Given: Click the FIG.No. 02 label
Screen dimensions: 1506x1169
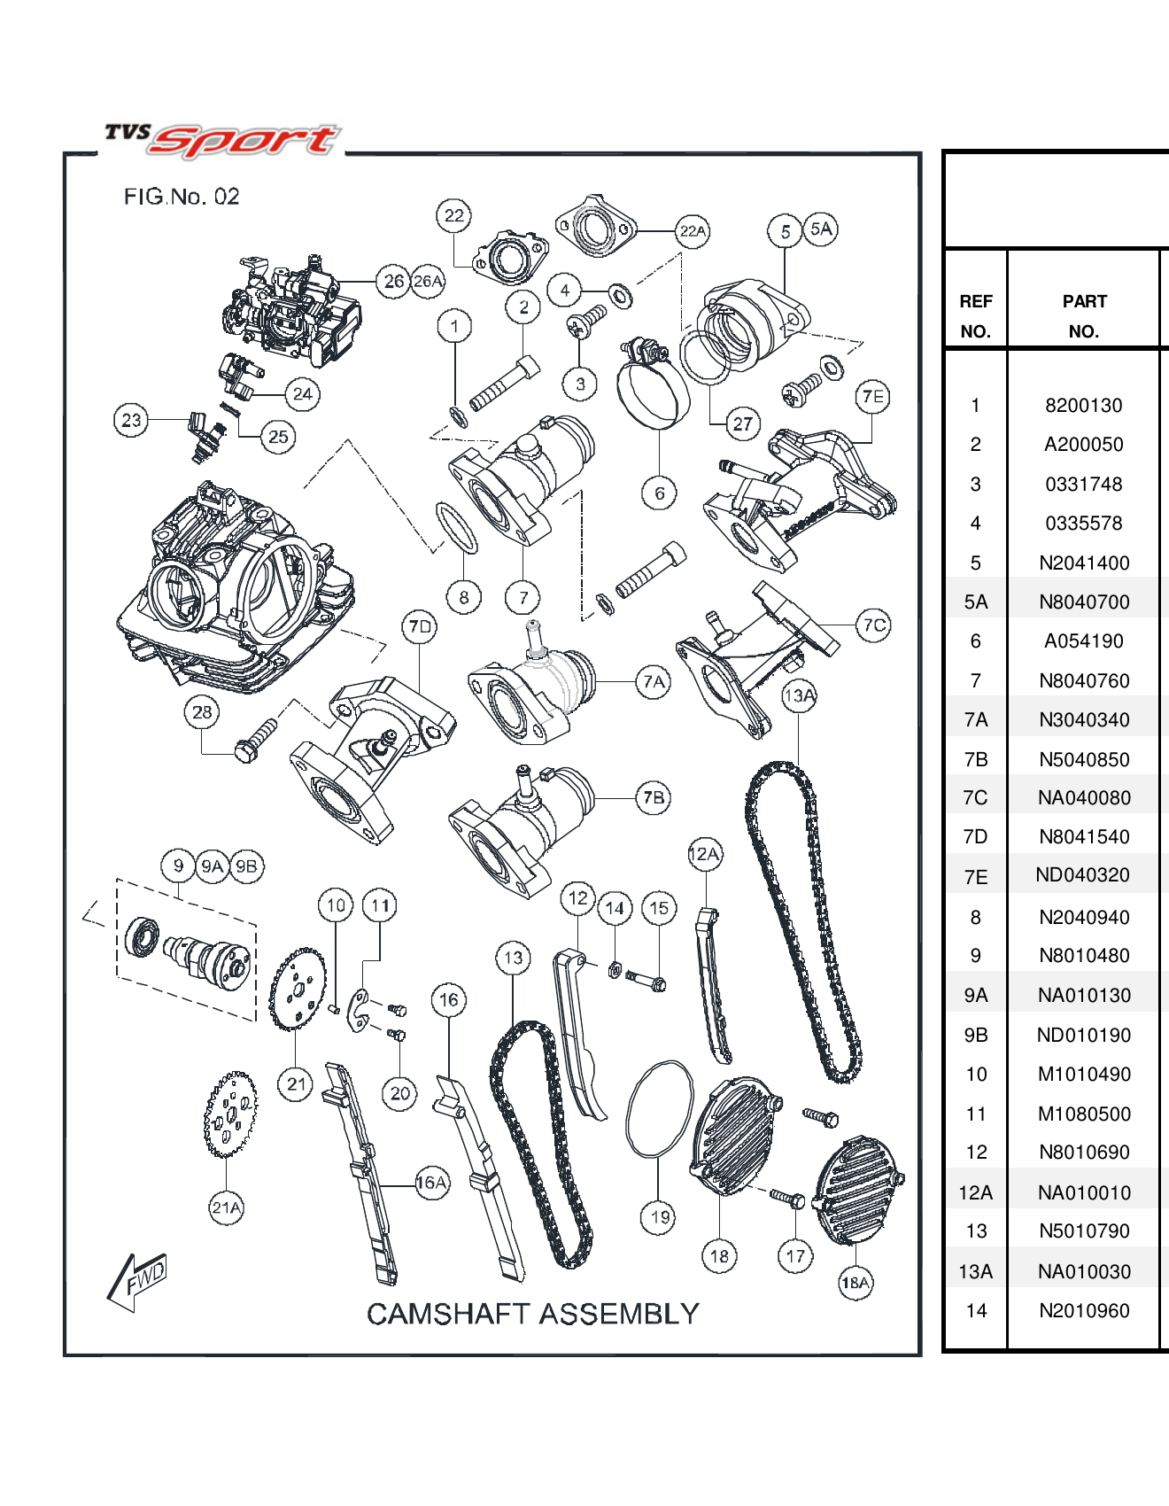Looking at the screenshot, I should [182, 197].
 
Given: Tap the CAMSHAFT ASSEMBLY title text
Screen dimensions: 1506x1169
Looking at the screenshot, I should [533, 1314].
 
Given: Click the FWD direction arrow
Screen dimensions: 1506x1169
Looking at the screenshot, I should [137, 1280].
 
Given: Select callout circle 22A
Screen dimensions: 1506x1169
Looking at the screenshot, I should [693, 231].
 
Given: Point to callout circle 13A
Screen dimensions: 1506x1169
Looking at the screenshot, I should [799, 696].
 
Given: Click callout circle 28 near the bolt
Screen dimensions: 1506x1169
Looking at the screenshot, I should [202, 712].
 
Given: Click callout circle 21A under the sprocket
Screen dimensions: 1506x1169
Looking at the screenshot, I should [226, 1207].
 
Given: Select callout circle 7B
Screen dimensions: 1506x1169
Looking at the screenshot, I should [654, 797].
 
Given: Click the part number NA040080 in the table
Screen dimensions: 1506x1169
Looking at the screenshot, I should [1084, 798].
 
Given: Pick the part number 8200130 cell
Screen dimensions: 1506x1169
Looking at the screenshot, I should [1083, 406].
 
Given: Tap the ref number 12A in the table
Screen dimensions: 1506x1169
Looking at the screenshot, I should [975, 1193].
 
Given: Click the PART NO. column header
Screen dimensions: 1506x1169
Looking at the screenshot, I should [1084, 316].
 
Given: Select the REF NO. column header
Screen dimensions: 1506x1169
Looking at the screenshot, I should [975, 316].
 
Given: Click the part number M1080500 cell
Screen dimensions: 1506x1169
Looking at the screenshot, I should [1084, 1114].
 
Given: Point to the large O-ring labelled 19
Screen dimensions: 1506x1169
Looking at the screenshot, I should [659, 1109].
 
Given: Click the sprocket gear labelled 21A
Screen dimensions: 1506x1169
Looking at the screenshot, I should [230, 1114].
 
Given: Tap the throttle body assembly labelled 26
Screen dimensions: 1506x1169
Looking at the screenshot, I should [292, 310].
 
